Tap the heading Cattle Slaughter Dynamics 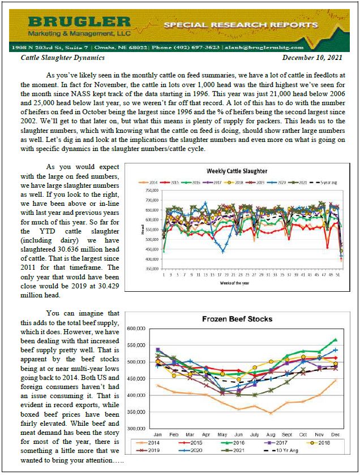pos(62,58)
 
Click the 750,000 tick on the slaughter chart pos(148,191)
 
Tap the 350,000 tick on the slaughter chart pos(148,269)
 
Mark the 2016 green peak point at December pos(335,340)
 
